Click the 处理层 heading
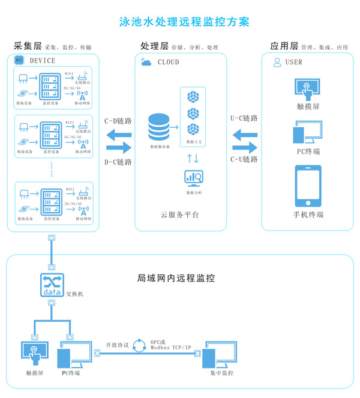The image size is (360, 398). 154,46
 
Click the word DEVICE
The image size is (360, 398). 42,61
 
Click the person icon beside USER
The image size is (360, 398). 277,62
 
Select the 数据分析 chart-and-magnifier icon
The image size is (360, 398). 194,177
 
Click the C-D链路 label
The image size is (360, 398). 118,121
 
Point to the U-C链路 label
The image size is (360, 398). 244,118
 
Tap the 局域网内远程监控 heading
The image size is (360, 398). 176,278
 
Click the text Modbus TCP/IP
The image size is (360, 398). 171,348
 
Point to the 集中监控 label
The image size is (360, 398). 222,373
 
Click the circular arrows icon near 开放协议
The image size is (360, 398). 139,345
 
